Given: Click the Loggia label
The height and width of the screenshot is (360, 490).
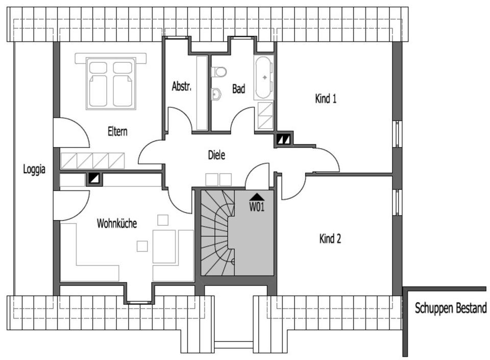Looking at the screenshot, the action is click(x=34, y=169).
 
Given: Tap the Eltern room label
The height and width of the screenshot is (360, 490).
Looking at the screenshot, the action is click(x=117, y=131).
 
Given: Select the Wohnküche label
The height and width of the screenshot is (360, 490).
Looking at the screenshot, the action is click(x=117, y=223).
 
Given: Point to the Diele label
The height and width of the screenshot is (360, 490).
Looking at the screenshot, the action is click(x=216, y=155).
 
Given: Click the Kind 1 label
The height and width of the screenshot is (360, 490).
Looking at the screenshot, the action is click(x=326, y=99).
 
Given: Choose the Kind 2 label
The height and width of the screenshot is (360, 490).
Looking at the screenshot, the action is click(x=330, y=238).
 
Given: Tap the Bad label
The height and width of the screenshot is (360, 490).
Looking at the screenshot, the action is click(x=239, y=89).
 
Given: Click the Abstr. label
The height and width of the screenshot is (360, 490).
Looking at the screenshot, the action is click(x=181, y=86).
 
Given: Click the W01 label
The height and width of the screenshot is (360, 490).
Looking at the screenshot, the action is click(x=257, y=207).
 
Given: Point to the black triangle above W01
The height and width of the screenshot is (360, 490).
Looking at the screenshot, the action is click(x=257, y=197).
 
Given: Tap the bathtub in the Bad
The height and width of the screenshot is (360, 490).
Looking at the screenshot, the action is click(x=264, y=77).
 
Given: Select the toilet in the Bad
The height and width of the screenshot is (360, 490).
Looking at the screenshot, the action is click(x=219, y=71).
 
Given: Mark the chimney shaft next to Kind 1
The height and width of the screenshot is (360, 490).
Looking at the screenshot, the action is click(x=283, y=138).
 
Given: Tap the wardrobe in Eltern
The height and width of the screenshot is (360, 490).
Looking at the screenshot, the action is click(x=93, y=161).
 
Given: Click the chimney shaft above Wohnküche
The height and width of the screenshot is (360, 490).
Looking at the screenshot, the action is click(x=94, y=178).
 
